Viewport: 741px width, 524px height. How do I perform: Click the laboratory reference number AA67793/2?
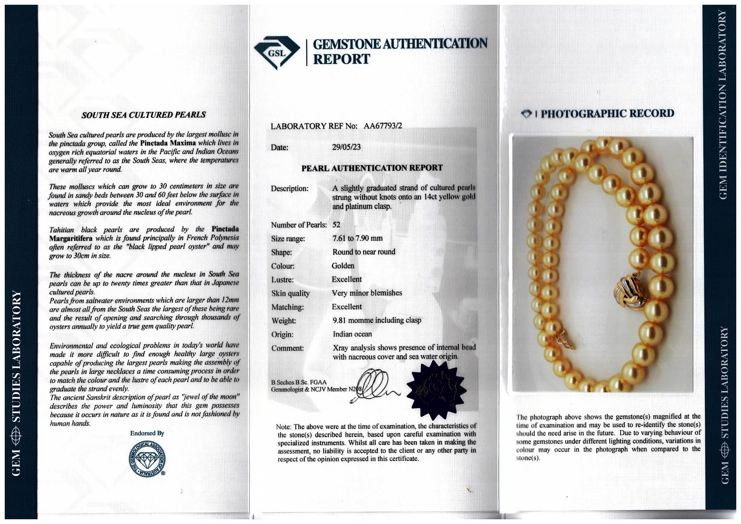tap(383, 126)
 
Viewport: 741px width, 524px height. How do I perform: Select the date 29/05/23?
tap(346, 147)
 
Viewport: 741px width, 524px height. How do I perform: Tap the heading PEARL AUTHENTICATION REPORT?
tap(372, 168)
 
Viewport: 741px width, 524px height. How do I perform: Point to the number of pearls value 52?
tap(336, 225)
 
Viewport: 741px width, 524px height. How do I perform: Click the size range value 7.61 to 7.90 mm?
tap(357, 239)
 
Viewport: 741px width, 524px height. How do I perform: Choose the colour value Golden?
tap(343, 266)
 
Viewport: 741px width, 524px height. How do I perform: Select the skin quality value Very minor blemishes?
tap(367, 293)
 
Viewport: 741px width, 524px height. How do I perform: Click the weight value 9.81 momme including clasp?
tap(377, 320)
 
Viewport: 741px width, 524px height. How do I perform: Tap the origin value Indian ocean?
tap(352, 334)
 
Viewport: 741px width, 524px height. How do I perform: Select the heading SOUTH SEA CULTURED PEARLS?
tap(144, 115)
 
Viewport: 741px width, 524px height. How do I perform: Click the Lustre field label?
tap(282, 280)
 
